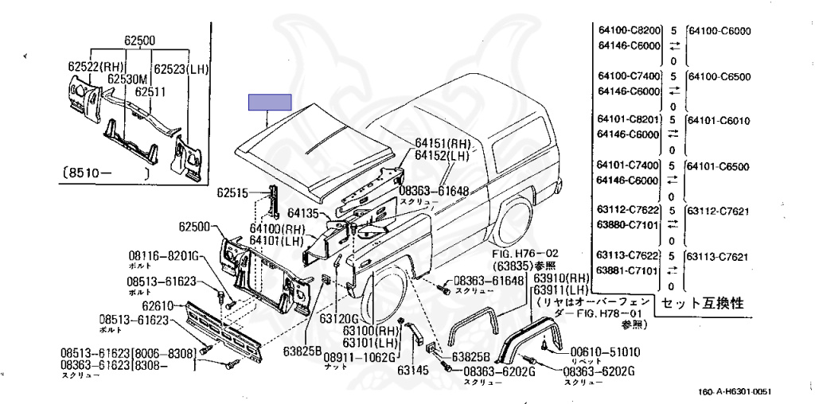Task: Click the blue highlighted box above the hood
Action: pyautogui.click(x=270, y=103)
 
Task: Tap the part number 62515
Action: pyautogui.click(x=232, y=192)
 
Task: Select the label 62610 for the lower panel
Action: pyautogui.click(x=158, y=305)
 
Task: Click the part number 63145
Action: pyautogui.click(x=413, y=370)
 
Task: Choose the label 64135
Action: pyautogui.click(x=303, y=213)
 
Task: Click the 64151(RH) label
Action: pyautogui.click(x=442, y=143)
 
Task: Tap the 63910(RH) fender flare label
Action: pyautogui.click(x=560, y=278)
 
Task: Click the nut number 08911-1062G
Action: pyautogui.click(x=359, y=358)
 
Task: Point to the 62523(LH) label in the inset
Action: pyautogui.click(x=181, y=68)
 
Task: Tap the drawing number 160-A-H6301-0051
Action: pyautogui.click(x=735, y=391)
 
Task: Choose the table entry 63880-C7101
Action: pyautogui.click(x=628, y=226)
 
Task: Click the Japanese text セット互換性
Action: pyautogui.click(x=705, y=303)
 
